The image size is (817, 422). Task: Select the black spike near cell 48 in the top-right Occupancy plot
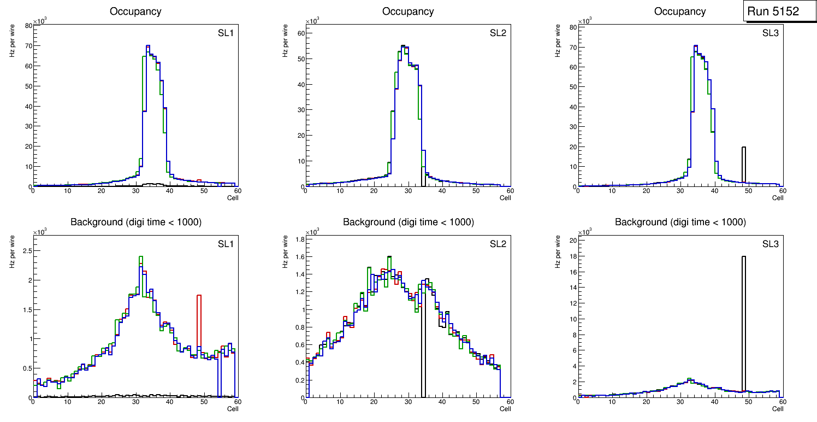click(743, 164)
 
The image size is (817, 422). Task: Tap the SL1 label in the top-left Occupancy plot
click(225, 33)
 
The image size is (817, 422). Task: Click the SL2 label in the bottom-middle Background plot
click(498, 244)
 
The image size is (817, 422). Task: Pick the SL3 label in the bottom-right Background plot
click(770, 244)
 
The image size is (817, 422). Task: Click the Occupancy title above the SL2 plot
click(408, 11)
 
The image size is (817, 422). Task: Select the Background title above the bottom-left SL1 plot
click(135, 222)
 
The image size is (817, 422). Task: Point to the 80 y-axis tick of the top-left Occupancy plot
click(28, 26)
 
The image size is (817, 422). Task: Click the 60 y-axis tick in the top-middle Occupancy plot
click(300, 33)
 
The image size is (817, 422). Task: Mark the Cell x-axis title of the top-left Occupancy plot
click(233, 197)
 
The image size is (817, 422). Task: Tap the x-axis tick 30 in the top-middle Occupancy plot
click(407, 191)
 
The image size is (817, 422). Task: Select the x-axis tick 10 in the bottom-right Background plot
click(612, 402)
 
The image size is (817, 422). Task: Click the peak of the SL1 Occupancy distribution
click(148, 46)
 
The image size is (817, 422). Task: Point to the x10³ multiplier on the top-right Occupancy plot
click(584, 21)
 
